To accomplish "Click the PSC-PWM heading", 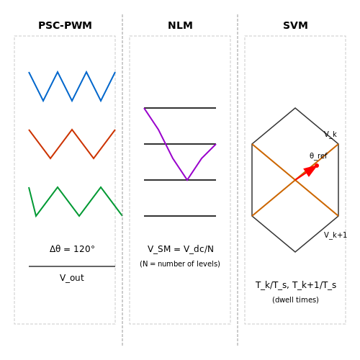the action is pos(65,25).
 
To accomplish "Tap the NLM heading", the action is pos(180,25).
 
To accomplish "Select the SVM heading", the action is pos(295,25).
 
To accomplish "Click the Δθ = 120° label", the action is pos(72,249).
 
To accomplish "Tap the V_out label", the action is pos(72,278).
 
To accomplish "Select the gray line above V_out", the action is pos(72,266).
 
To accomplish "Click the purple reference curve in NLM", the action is pos(173,158).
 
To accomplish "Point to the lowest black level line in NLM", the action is pos(180,216).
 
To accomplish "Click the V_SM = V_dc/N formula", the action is pos(181,249).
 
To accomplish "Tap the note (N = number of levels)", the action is pos(180,264).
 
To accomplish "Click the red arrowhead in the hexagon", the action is pos(310,170).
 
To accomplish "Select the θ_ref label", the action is pos(318,156).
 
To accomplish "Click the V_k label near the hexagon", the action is pos(330,135).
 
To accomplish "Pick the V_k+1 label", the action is pos(336,235).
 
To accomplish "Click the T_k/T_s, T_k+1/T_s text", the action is pos(296,285).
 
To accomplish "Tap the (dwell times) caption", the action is pos(295,300).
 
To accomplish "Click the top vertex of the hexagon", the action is pos(295,108).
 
